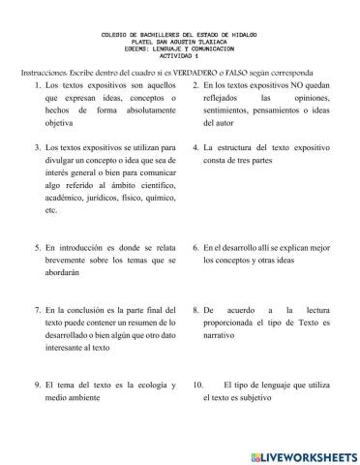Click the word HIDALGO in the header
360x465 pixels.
click(x=249, y=34)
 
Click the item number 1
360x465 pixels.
click(x=37, y=86)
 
